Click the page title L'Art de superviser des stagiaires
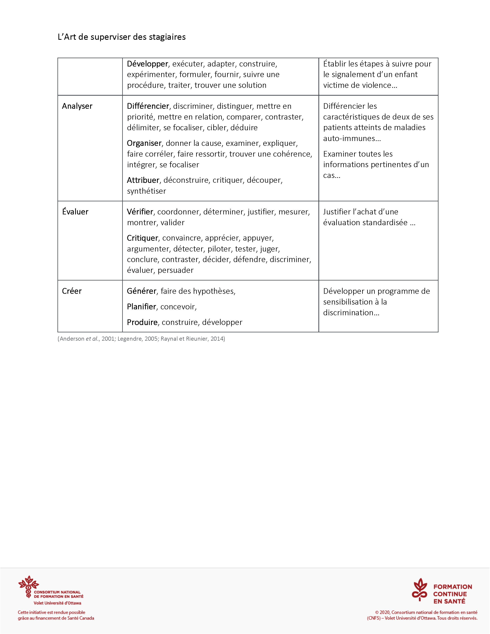click(122, 37)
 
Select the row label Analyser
click(77, 106)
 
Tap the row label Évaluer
click(75, 212)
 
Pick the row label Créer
click(72, 291)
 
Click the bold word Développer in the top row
click(147, 64)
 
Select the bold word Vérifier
click(140, 212)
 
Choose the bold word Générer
click(142, 291)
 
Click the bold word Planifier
click(141, 307)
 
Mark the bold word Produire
click(142, 322)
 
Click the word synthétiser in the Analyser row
click(147, 191)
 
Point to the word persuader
click(176, 270)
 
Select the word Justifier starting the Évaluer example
click(337, 212)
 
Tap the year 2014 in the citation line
click(217, 339)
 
